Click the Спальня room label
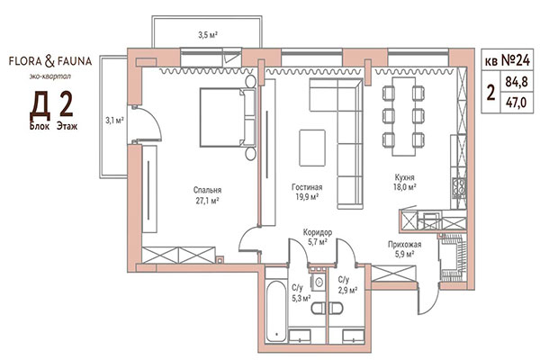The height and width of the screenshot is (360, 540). [207, 190]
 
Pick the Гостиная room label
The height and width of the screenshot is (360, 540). [307, 190]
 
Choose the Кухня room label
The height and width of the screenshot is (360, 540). [402, 178]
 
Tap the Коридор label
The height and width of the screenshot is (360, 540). [318, 232]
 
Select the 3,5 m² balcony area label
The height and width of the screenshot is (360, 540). [209, 35]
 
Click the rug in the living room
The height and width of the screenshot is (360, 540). [312, 144]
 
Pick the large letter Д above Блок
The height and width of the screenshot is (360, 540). [40, 105]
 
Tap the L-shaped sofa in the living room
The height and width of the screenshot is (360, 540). [342, 117]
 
